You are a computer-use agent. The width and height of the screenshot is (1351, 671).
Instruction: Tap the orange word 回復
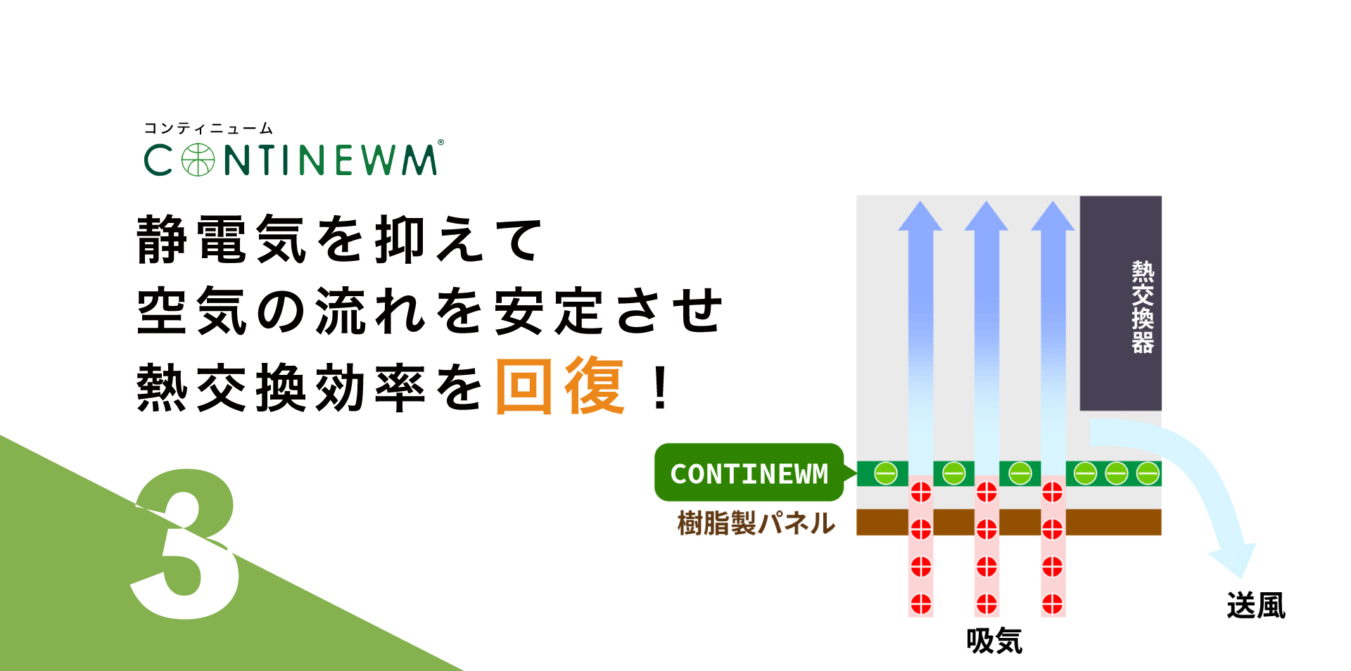[560, 386]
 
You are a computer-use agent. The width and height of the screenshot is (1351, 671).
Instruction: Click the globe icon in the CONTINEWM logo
[198, 160]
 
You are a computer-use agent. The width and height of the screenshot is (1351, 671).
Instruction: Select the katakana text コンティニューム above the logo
[208, 128]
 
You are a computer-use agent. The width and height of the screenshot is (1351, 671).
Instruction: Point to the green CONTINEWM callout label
[749, 473]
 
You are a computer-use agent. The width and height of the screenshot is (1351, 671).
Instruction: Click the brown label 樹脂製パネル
[756, 523]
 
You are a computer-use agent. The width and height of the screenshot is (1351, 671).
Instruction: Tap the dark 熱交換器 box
[1121, 303]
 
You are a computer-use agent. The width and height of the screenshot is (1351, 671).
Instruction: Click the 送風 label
[1256, 606]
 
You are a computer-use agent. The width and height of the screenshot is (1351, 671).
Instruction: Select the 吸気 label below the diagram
[994, 641]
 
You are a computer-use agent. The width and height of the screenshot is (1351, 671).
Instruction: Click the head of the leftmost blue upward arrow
[920, 216]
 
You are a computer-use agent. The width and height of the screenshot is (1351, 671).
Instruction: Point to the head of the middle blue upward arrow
[987, 216]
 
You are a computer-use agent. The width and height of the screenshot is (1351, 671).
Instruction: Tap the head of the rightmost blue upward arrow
[1053, 216]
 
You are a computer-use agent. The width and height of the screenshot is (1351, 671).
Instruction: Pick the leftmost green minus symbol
[886, 473]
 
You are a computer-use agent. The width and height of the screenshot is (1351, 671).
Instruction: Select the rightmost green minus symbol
[1148, 473]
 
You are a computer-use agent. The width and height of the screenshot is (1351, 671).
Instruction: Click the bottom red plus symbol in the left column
[921, 603]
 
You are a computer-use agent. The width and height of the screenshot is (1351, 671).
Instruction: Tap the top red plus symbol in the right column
[1053, 492]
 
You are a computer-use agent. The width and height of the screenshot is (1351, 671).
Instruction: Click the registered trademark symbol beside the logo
[441, 142]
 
